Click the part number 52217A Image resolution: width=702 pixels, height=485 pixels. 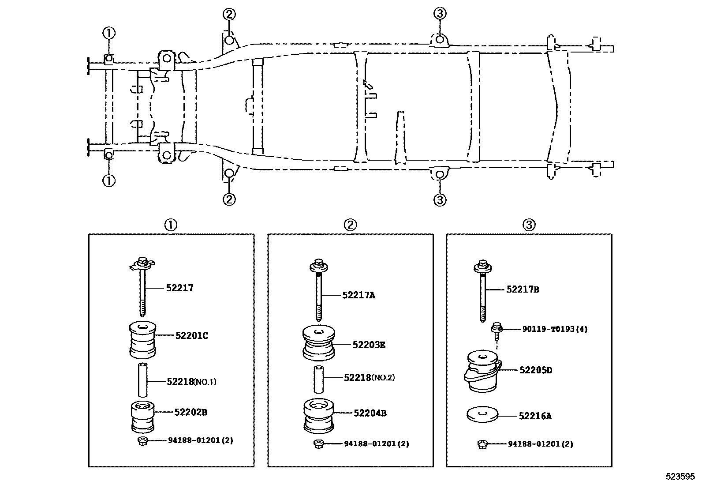(358, 295)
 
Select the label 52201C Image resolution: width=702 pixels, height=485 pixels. (191, 336)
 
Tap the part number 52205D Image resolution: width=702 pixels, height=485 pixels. (535, 370)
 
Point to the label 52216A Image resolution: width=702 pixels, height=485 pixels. (535, 416)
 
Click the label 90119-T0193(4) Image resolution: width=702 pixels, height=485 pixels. (555, 329)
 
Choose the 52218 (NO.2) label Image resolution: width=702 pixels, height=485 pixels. (369, 377)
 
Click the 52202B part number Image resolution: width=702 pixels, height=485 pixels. (190, 412)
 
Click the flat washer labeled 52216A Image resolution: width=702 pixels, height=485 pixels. (482, 415)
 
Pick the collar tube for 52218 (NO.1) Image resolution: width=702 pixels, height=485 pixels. (142, 380)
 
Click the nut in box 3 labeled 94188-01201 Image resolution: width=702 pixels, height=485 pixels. (482, 444)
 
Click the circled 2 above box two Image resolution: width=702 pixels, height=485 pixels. (350, 225)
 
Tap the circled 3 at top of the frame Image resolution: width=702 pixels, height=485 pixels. (440, 14)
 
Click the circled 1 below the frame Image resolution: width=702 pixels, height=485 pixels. (108, 180)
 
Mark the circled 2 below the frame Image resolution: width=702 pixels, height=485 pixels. (228, 199)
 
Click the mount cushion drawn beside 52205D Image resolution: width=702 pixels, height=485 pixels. (482, 372)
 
